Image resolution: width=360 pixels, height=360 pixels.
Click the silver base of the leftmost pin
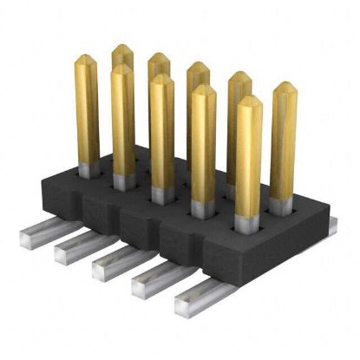(x=88, y=169)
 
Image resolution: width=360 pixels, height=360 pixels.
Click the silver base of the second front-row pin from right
(x=203, y=208)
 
